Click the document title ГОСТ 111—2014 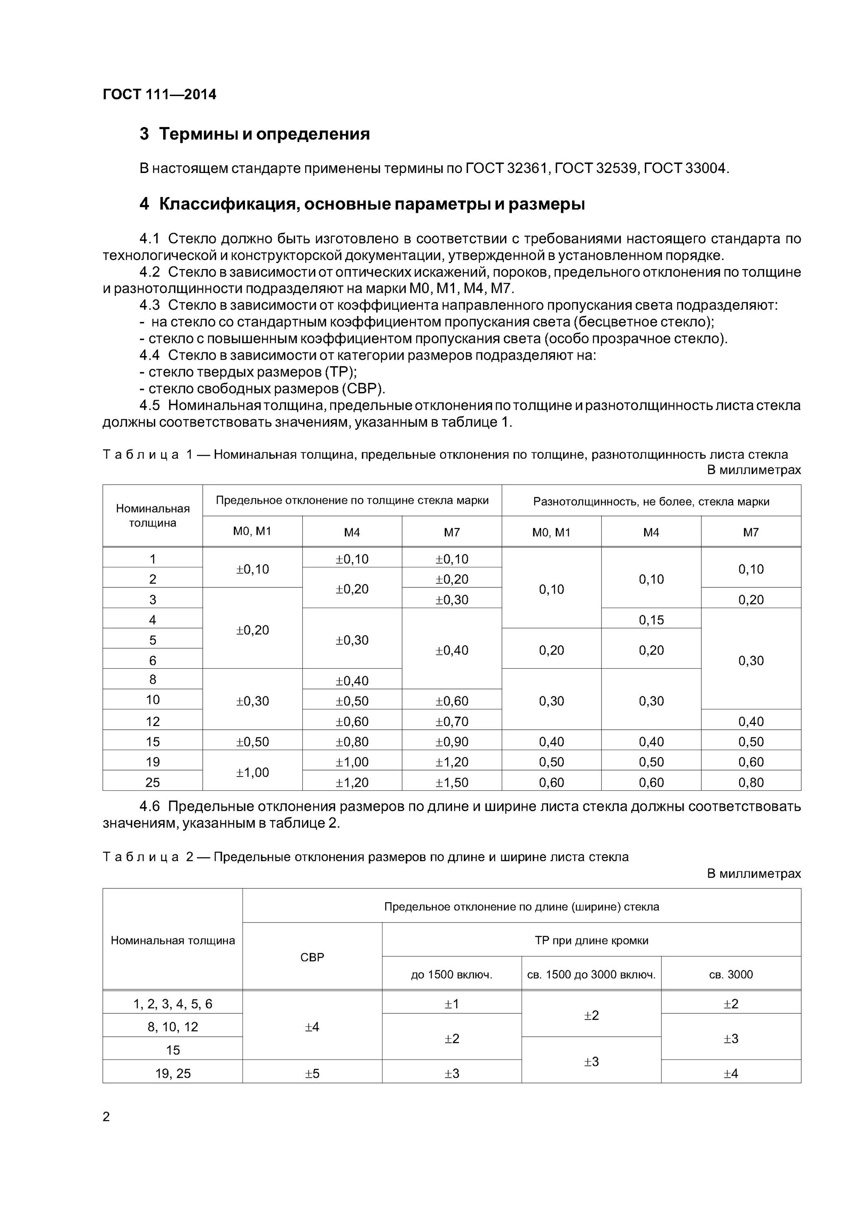[159, 95]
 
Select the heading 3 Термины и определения [255, 133]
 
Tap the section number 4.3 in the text [149, 305]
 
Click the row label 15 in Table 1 [153, 742]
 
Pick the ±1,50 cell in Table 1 [452, 782]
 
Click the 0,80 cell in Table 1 [750, 782]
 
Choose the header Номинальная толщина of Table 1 [153, 515]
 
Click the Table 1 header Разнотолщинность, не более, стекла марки [651, 501]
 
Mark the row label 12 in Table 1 [153, 722]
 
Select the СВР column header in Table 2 [312, 957]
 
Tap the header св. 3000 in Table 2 [731, 974]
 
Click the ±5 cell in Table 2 [312, 1074]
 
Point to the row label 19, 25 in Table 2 [173, 1074]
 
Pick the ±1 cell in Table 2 [452, 1004]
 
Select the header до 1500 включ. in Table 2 [452, 974]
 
